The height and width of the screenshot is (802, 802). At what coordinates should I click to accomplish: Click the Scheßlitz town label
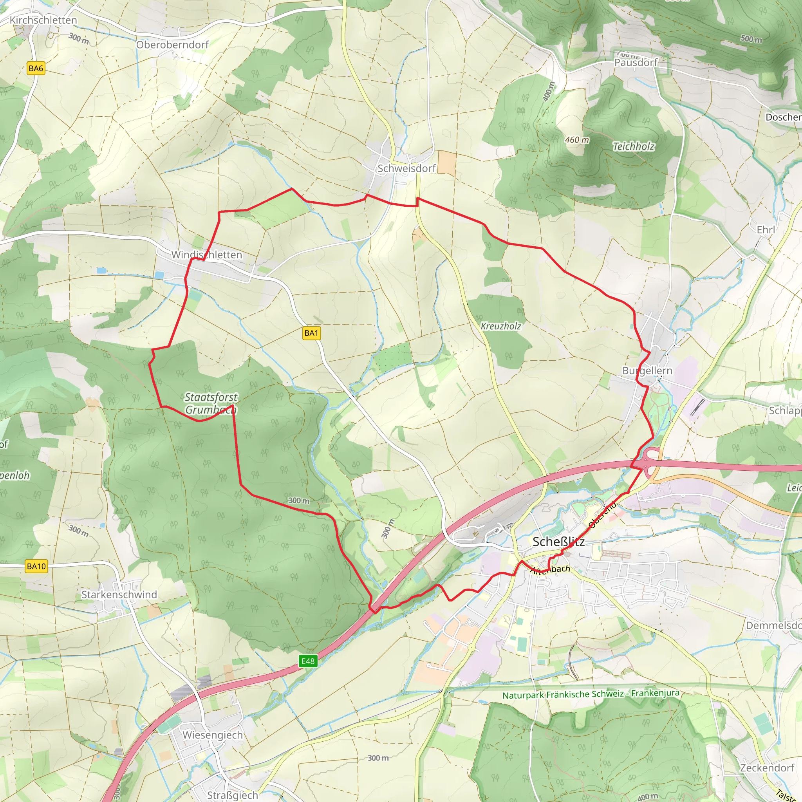[x=558, y=542]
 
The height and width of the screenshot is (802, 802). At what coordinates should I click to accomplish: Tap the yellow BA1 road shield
[x=311, y=333]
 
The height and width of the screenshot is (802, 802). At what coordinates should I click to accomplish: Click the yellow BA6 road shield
[x=36, y=69]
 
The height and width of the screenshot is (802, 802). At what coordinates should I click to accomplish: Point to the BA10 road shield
[x=36, y=566]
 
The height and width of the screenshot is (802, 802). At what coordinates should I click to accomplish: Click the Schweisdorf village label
[x=406, y=168]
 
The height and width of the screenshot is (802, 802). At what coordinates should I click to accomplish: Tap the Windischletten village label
[x=206, y=255]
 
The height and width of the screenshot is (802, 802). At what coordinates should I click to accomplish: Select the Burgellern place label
[x=647, y=371]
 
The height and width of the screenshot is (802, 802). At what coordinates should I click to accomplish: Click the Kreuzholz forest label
[x=500, y=326]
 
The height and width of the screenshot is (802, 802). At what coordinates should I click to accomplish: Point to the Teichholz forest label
[x=634, y=146]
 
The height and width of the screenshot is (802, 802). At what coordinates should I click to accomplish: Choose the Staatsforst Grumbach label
[x=211, y=403]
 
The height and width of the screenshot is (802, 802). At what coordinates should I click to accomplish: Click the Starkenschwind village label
[x=119, y=594]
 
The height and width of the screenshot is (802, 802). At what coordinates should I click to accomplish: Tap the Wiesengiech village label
[x=213, y=735]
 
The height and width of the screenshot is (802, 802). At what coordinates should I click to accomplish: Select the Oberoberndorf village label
[x=172, y=45]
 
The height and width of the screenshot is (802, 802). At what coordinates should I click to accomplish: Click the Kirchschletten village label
[x=43, y=20]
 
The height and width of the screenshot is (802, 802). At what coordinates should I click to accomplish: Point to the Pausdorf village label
[x=636, y=63]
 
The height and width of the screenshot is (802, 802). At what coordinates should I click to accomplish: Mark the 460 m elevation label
[x=576, y=140]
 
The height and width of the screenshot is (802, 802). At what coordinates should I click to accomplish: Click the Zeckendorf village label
[x=767, y=768]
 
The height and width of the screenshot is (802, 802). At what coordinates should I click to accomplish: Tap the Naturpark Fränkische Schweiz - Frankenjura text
[x=591, y=694]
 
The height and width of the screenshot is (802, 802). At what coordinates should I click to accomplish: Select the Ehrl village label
[x=766, y=230]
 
